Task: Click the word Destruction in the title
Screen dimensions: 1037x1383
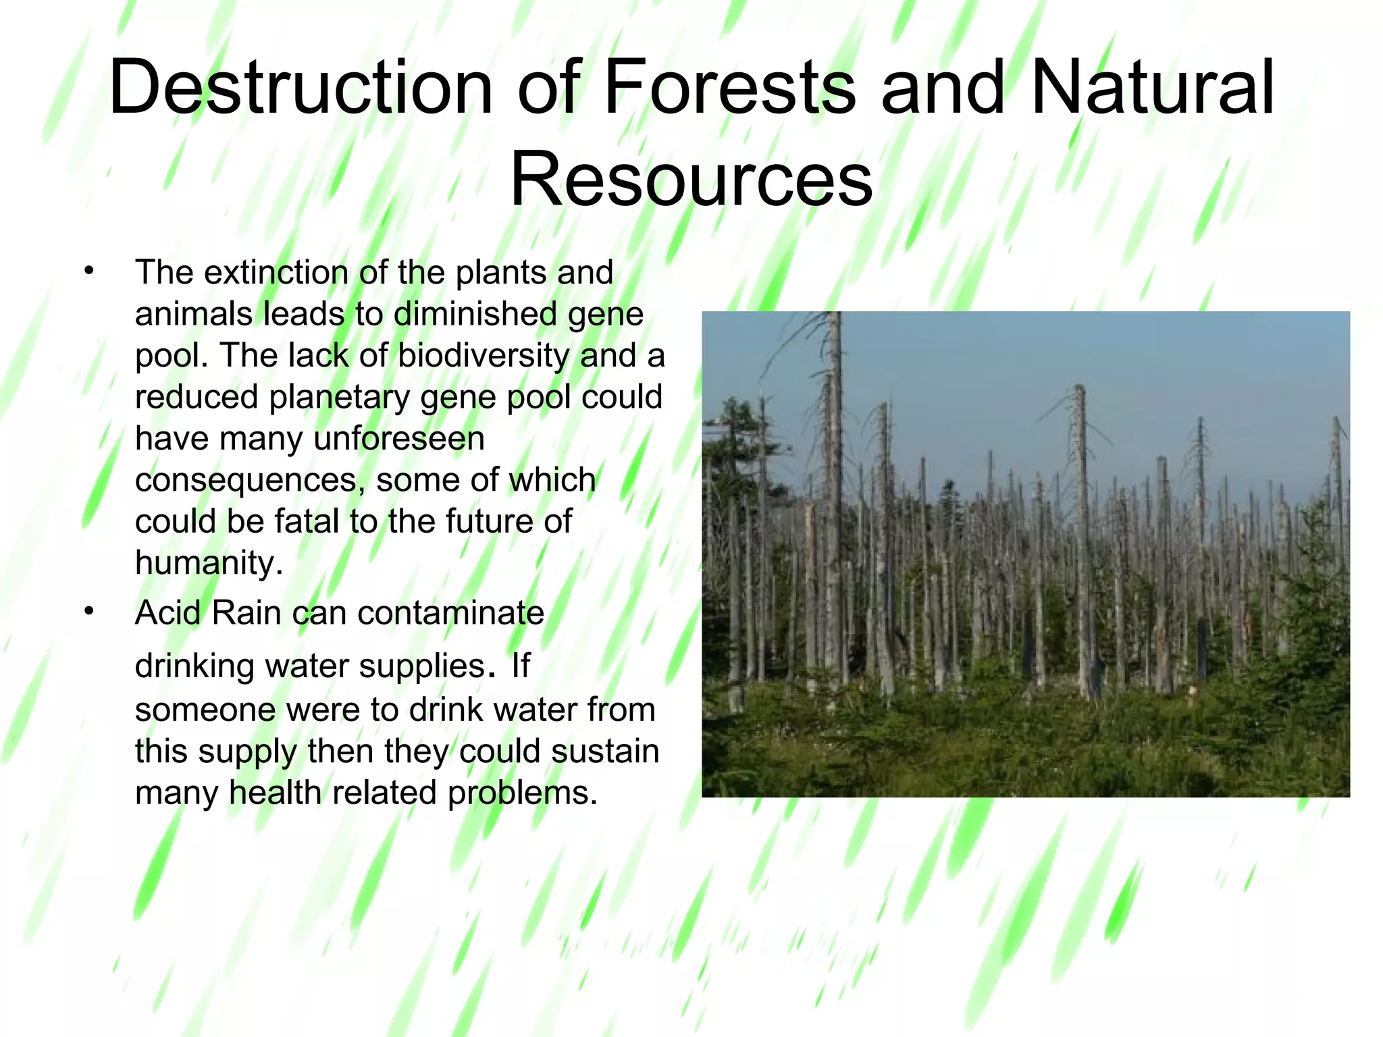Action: (301, 88)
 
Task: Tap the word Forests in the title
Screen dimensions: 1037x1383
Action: (729, 88)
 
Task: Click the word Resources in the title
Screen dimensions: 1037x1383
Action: (691, 180)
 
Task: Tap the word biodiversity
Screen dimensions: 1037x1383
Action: (484, 356)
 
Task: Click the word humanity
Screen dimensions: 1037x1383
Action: (208, 563)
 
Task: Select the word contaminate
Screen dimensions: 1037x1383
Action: (450, 613)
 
